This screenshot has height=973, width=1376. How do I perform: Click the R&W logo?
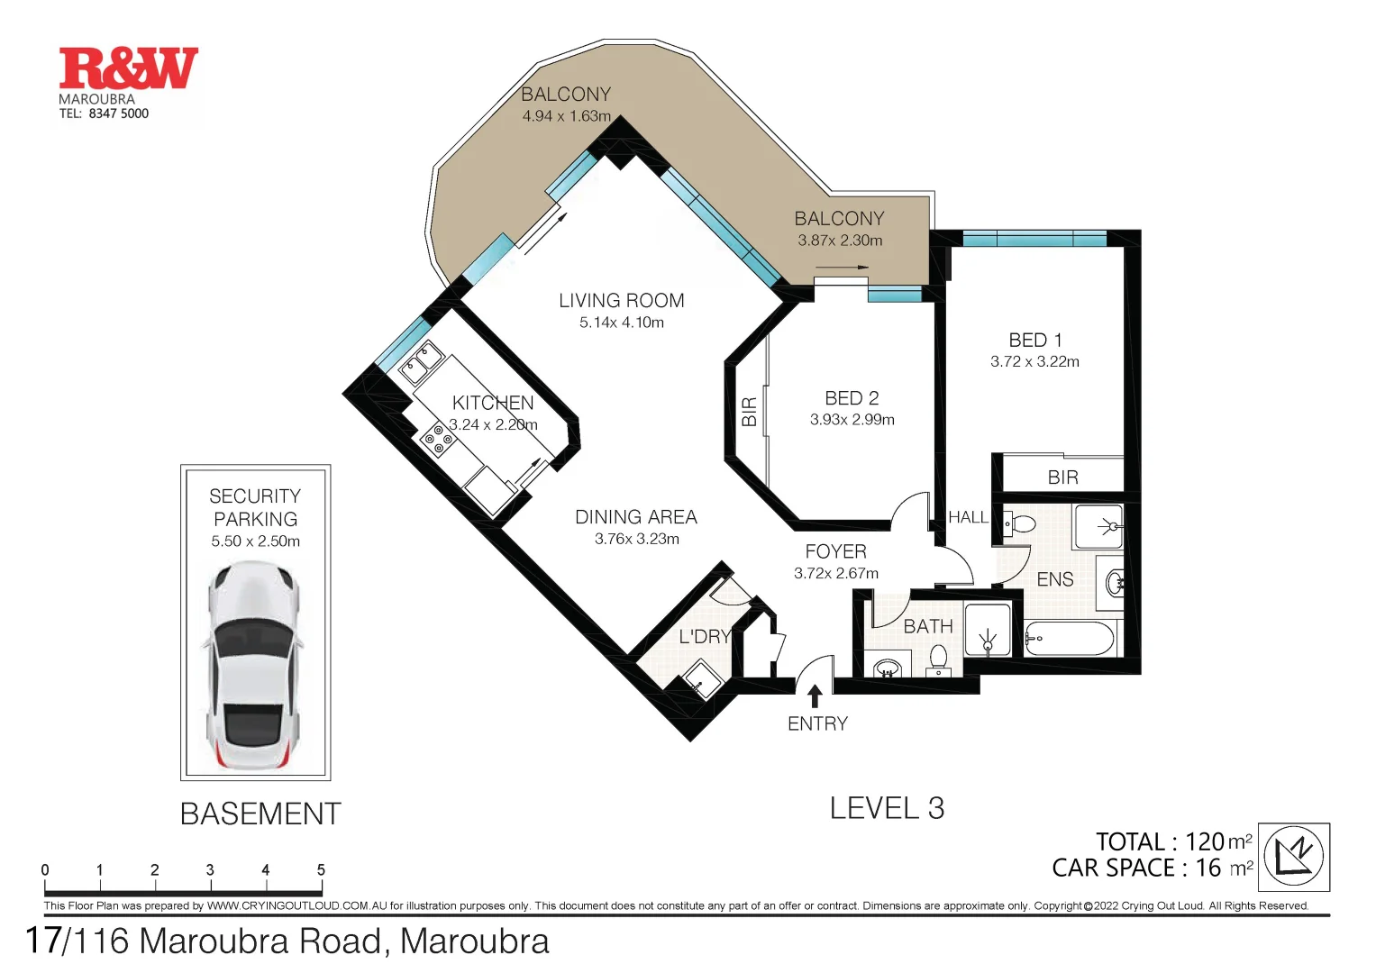click(x=128, y=68)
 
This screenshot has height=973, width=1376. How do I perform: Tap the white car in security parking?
click(x=253, y=667)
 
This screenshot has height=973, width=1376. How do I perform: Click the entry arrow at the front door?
click(x=815, y=696)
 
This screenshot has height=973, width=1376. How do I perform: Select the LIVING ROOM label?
click(x=621, y=301)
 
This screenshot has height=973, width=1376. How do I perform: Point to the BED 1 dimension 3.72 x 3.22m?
click(x=1034, y=362)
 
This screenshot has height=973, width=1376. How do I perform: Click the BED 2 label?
click(x=852, y=398)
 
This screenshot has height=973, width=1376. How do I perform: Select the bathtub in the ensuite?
click(x=1070, y=638)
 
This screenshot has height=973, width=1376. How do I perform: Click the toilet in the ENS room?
click(x=1022, y=523)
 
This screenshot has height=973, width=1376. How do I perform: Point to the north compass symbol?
click(x=1293, y=856)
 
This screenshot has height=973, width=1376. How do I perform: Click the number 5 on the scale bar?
click(x=321, y=870)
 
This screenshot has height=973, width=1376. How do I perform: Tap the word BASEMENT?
click(x=260, y=814)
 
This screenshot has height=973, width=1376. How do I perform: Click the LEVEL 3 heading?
click(x=887, y=809)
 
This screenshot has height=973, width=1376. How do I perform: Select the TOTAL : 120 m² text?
click(x=1173, y=841)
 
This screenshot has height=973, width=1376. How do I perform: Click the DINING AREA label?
click(x=636, y=517)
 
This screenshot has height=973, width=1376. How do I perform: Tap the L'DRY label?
click(x=704, y=637)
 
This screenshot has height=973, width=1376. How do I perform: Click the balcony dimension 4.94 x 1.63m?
click(x=566, y=116)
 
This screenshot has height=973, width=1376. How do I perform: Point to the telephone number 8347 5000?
click(x=118, y=114)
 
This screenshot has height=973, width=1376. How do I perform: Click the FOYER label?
click(x=835, y=551)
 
